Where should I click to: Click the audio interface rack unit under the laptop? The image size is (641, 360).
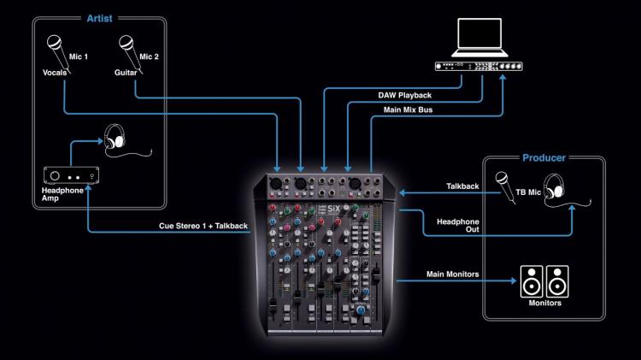point(485,68)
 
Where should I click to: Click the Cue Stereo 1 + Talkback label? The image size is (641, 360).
point(203,226)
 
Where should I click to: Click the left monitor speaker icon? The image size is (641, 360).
point(531,280)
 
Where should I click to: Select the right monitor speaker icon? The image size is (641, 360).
point(558,280)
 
